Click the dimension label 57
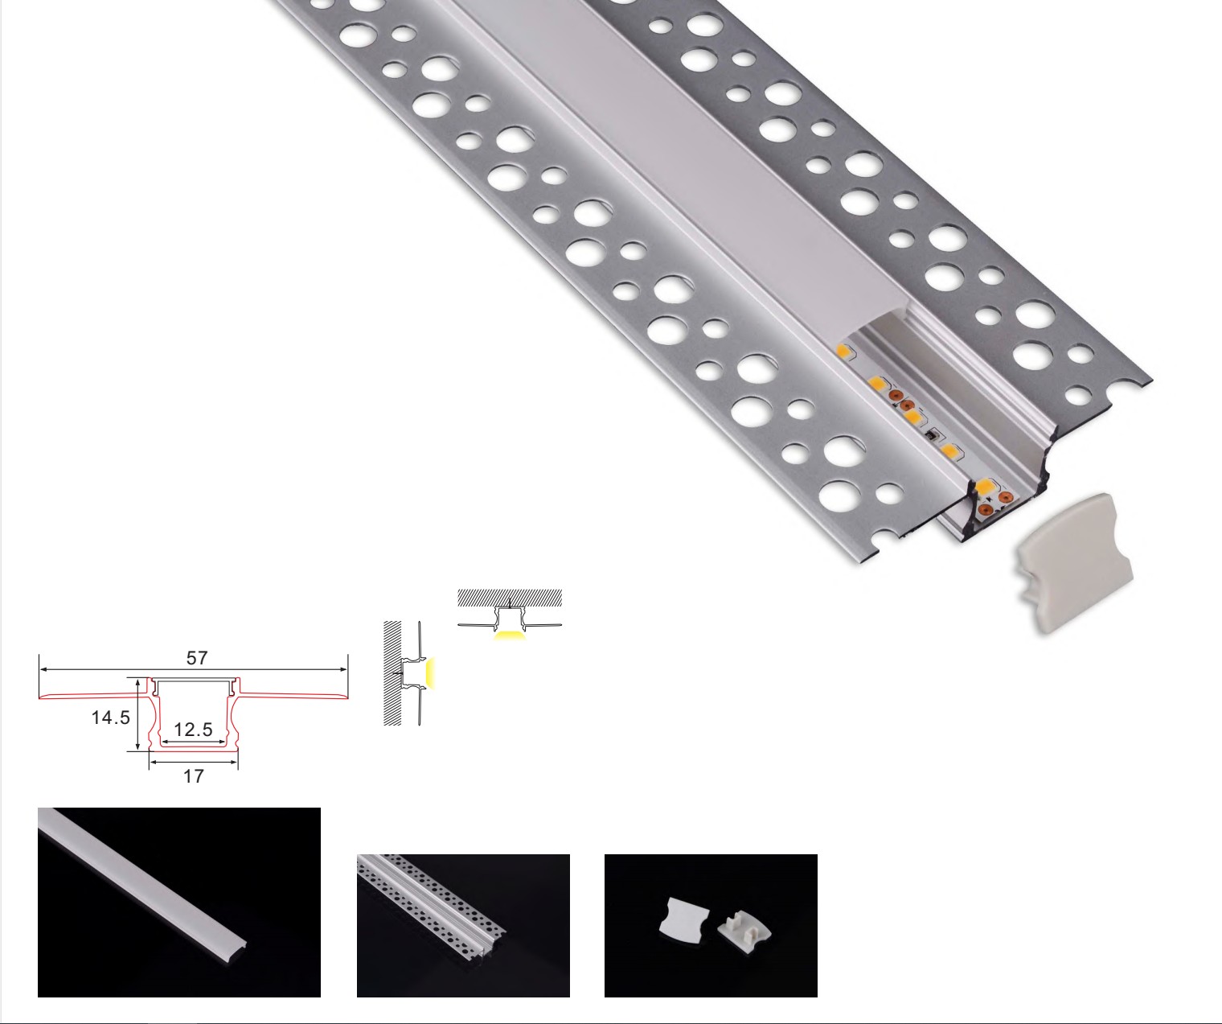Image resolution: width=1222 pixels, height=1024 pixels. pyautogui.click(x=197, y=658)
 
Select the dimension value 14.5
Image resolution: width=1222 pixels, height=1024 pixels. pyautogui.click(x=111, y=718)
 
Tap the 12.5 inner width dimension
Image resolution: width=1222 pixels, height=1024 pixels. pyautogui.click(x=193, y=730)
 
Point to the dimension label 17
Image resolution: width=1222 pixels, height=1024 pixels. pyautogui.click(x=193, y=776)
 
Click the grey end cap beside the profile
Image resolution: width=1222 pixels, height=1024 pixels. pyautogui.click(x=1074, y=563)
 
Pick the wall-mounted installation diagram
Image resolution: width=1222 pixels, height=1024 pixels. pyautogui.click(x=410, y=673)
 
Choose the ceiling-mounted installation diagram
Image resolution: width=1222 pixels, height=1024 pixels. pyautogui.click(x=510, y=615)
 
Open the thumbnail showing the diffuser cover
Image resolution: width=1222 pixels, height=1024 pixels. pyautogui.click(x=179, y=903)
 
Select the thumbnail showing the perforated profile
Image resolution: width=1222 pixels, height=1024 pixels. pyautogui.click(x=463, y=926)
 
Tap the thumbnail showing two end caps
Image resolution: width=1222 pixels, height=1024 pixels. pyautogui.click(x=711, y=926)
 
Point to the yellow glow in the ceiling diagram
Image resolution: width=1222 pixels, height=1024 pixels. pyautogui.click(x=510, y=635)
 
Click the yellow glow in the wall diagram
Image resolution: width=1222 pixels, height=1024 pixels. pyautogui.click(x=431, y=674)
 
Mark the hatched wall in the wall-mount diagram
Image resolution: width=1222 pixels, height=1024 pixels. pyautogui.click(x=392, y=673)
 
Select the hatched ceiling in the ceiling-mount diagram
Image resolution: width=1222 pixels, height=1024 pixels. pyautogui.click(x=510, y=598)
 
